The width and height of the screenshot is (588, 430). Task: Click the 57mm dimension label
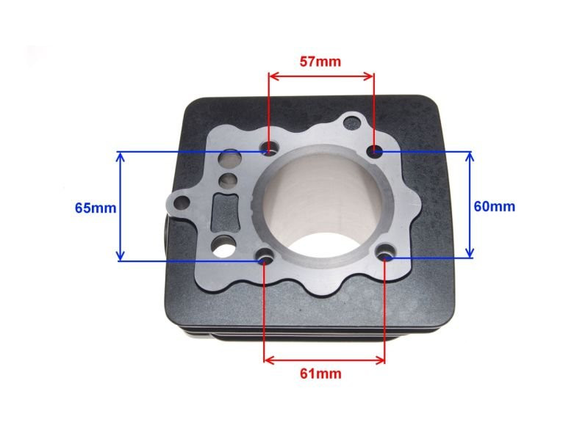tap(320, 62)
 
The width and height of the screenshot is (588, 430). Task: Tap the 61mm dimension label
tap(320, 373)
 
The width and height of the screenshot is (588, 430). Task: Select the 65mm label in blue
tap(96, 208)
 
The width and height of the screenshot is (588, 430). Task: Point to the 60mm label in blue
tap(494, 206)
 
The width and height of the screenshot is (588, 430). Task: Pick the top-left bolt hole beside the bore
tap(270, 150)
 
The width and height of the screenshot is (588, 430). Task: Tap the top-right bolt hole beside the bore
tap(375, 151)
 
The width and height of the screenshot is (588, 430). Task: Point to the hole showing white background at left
tap(220, 249)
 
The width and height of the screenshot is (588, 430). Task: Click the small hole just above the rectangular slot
tap(229, 179)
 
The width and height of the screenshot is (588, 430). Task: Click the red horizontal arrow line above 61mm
tap(324, 360)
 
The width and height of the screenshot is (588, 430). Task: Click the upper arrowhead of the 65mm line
tap(120, 156)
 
